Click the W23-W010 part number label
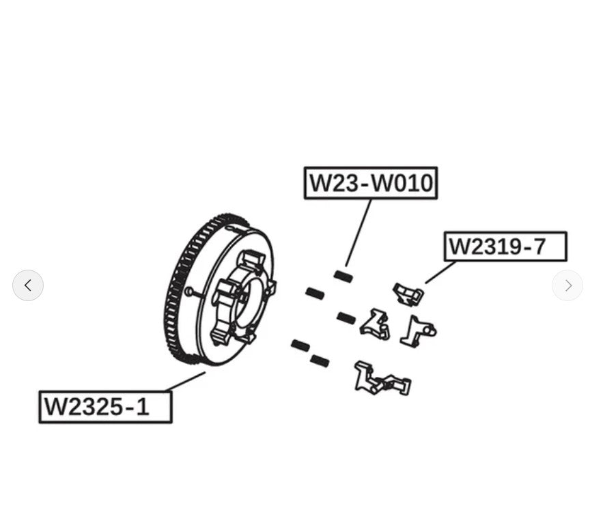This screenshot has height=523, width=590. pos(370,183)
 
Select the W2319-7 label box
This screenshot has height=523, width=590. pos(505,246)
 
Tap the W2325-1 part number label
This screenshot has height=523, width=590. pos(105,407)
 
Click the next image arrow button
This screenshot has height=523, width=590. pos(567,285)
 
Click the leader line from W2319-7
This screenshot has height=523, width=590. pos(440,272)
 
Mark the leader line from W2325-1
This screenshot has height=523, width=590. pos(185,382)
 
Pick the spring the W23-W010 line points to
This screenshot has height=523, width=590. pos(343,277)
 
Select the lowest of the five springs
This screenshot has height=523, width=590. pos(319,360)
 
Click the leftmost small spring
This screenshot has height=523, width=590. pos(300,345)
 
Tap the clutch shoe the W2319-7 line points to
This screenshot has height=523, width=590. pos(408,294)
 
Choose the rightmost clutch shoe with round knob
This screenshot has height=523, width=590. pos(419,331)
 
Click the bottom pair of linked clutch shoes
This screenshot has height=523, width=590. pos(381,380)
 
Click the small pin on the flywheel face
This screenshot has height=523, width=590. pos(188,291)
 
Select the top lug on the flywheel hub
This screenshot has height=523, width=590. pos(252,259)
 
